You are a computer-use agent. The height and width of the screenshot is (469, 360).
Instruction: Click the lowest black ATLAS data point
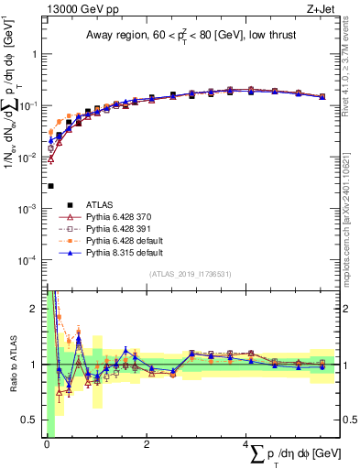click(50, 186)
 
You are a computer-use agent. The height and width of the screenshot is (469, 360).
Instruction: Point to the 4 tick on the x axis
click(245, 444)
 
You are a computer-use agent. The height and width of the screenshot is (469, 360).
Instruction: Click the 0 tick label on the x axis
click(46, 444)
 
